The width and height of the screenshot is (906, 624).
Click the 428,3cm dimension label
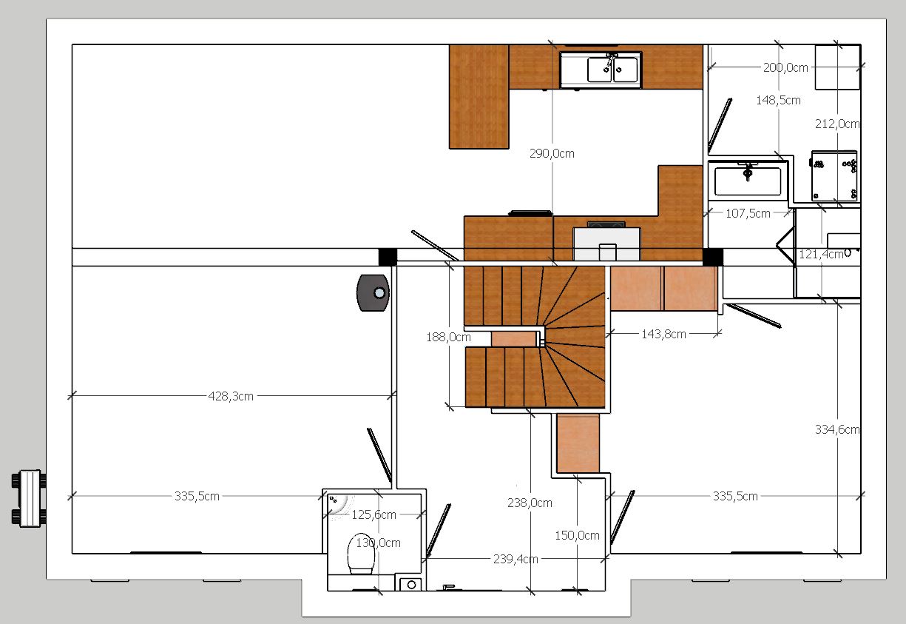[231, 396]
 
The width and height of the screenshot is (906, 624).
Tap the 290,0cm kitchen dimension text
[552, 153]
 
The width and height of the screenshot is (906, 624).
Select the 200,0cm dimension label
[785, 67]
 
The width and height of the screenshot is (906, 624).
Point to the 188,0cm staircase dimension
[448, 337]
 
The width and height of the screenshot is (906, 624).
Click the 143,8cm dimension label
[663, 334]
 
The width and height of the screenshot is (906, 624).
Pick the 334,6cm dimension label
[837, 429]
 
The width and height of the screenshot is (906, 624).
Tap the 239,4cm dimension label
[515, 559]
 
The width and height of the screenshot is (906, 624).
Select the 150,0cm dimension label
[577, 535]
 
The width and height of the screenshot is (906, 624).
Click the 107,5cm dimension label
[748, 213]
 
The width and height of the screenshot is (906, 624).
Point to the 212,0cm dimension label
[837, 124]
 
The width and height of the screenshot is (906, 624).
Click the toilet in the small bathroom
[361, 554]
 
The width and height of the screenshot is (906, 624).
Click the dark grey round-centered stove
[373, 293]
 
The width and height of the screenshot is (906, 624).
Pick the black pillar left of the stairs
[388, 257]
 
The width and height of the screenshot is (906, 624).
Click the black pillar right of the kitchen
[713, 257]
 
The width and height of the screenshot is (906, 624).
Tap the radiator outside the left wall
[28, 498]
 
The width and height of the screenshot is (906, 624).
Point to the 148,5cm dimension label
[778, 100]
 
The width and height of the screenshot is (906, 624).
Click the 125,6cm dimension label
[373, 514]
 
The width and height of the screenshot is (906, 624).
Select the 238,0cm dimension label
[530, 503]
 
